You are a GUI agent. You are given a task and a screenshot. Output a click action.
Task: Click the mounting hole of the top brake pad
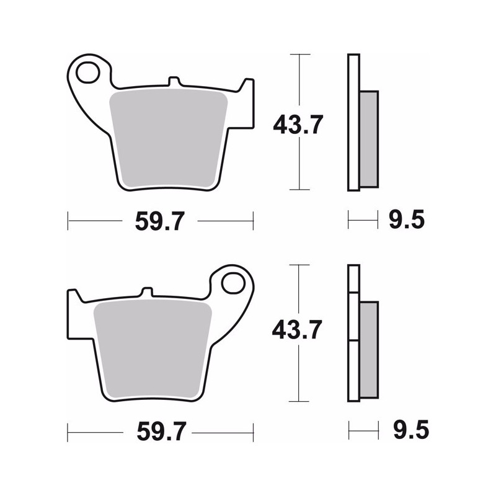[x=87, y=73]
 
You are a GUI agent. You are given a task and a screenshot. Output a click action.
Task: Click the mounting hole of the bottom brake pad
[x=234, y=283]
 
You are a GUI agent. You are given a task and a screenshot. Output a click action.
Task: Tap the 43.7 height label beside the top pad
[x=298, y=125]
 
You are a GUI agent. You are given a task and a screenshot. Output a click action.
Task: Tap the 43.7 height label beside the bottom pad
[x=297, y=329]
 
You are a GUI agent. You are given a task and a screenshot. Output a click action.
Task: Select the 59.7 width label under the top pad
[x=159, y=221]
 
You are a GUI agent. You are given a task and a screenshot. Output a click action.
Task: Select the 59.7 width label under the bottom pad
[x=161, y=432]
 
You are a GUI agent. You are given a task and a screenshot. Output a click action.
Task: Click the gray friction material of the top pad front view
[x=168, y=138]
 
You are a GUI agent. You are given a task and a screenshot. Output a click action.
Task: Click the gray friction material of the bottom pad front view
[x=153, y=349]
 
